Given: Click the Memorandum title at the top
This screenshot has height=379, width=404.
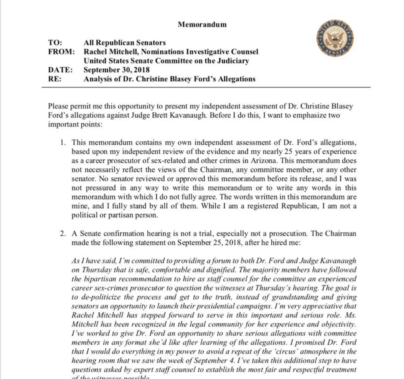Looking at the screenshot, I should (202, 24).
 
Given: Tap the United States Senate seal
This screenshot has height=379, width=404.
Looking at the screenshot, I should (335, 38).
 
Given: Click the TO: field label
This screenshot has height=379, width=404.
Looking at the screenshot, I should (55, 43).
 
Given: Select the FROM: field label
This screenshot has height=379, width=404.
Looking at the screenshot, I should (61, 52).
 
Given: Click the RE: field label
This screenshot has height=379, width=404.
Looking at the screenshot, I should (55, 79).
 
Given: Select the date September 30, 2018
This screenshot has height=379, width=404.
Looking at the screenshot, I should (117, 70).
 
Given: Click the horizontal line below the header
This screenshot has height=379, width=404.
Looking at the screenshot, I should (206, 87).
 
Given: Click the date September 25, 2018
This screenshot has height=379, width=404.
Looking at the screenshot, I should (209, 243).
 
